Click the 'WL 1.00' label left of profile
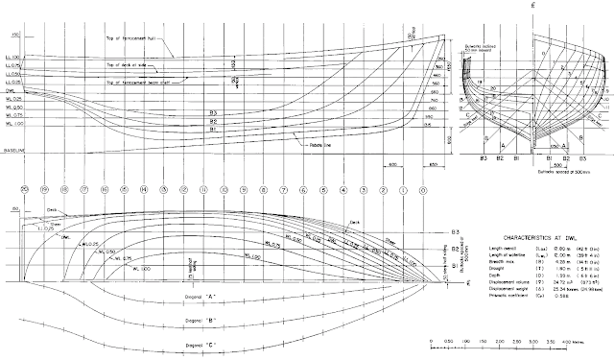pyautogui.click(x=14, y=124)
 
